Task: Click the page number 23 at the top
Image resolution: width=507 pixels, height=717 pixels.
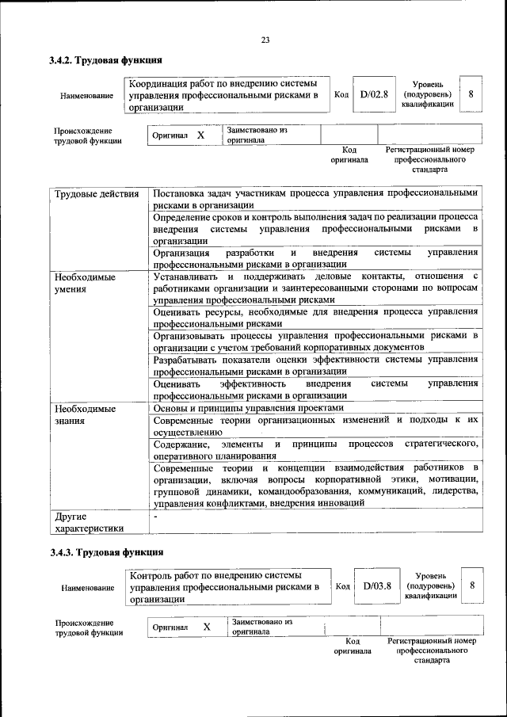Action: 265,41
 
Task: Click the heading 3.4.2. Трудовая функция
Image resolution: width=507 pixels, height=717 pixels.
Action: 106,60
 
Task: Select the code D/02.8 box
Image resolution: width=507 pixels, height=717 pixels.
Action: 374,94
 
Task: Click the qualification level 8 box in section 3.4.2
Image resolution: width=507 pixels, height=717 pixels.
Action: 471,94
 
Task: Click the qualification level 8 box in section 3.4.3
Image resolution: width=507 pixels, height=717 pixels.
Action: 473,585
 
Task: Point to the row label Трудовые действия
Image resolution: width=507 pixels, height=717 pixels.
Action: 96,194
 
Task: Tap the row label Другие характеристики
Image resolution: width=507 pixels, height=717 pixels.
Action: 88,523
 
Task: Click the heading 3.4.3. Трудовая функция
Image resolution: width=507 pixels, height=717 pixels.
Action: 106,552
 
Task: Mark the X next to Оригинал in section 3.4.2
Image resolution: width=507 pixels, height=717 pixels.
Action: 200,135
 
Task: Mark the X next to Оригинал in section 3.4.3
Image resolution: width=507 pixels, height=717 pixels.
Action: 206,627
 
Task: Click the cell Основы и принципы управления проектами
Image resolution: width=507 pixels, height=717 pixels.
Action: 249,408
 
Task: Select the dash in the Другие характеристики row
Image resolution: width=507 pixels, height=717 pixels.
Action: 156,517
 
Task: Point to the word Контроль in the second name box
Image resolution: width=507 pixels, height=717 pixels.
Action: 155,574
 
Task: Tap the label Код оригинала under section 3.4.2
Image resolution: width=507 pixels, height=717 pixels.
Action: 349,154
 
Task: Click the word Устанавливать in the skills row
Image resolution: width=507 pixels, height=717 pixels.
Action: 187,277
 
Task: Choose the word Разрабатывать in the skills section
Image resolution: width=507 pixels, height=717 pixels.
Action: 187,360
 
